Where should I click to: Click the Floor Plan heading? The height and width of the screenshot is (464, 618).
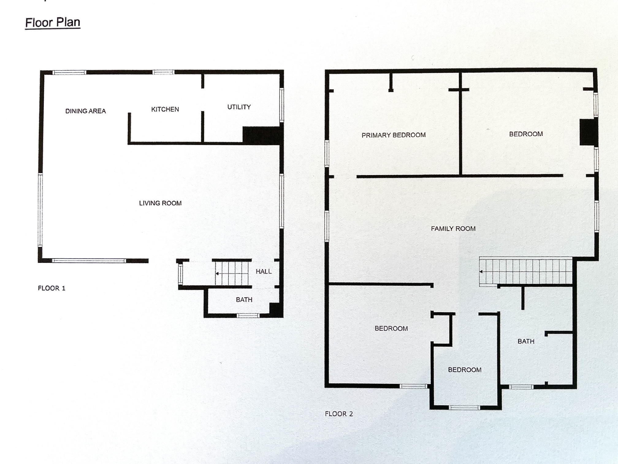point(53,23)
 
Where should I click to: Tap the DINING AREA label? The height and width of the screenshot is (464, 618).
point(86,111)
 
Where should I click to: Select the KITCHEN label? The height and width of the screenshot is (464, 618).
point(165,109)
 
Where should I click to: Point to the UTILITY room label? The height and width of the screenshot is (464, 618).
point(239,107)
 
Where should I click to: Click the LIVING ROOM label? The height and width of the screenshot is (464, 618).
point(160,203)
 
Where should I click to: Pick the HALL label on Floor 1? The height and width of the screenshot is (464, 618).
point(264,271)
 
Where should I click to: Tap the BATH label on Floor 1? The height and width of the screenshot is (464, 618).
point(244,300)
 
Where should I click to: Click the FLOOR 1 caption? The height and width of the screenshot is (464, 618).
point(51,288)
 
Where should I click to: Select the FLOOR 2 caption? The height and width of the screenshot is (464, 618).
point(339,414)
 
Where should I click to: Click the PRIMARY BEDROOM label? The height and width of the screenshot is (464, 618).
point(394,135)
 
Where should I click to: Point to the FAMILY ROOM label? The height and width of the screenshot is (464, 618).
point(453,229)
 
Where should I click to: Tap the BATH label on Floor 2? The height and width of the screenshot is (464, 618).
point(526,341)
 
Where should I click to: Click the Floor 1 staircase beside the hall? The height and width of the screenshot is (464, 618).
point(231,273)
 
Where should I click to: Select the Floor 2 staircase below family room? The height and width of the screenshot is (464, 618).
point(526,272)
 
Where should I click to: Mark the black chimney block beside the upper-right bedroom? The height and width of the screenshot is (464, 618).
point(589,132)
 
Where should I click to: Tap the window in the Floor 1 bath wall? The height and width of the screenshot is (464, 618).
point(248,315)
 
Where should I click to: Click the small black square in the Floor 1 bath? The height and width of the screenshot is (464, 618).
point(276,310)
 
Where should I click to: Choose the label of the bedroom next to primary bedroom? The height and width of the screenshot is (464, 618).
point(526,134)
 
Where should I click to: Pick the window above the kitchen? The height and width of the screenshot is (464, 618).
point(163,72)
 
